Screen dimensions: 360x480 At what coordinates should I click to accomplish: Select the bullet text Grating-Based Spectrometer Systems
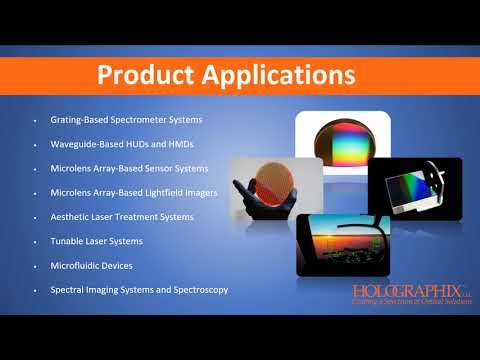(120, 119)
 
